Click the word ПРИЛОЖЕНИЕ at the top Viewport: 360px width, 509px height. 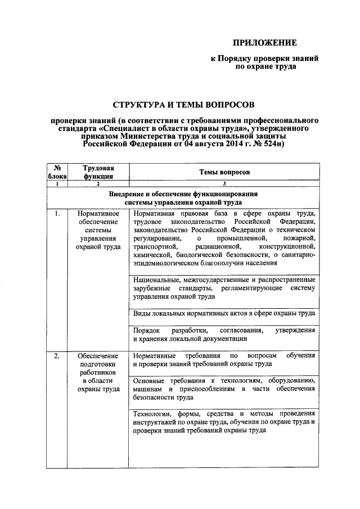point(264,43)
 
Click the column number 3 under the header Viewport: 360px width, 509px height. point(224,184)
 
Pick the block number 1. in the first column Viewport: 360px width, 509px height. point(57,214)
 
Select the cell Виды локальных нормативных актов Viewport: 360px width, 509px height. point(224,313)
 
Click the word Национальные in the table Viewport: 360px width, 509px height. point(157,280)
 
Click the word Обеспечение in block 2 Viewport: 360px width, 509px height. point(98,356)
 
